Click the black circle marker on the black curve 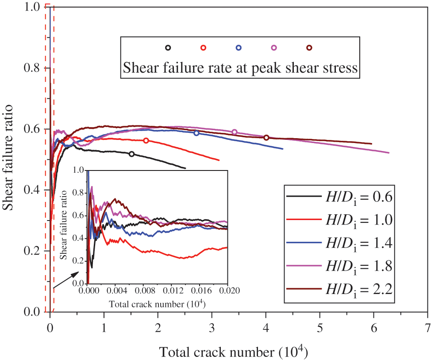pos(131,154)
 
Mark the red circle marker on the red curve pos(146,140)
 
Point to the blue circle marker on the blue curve pos(196,133)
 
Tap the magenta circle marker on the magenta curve pos(235,132)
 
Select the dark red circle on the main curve pos(266,138)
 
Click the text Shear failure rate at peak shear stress pos(240,69)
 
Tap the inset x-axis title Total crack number pos(158,304)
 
